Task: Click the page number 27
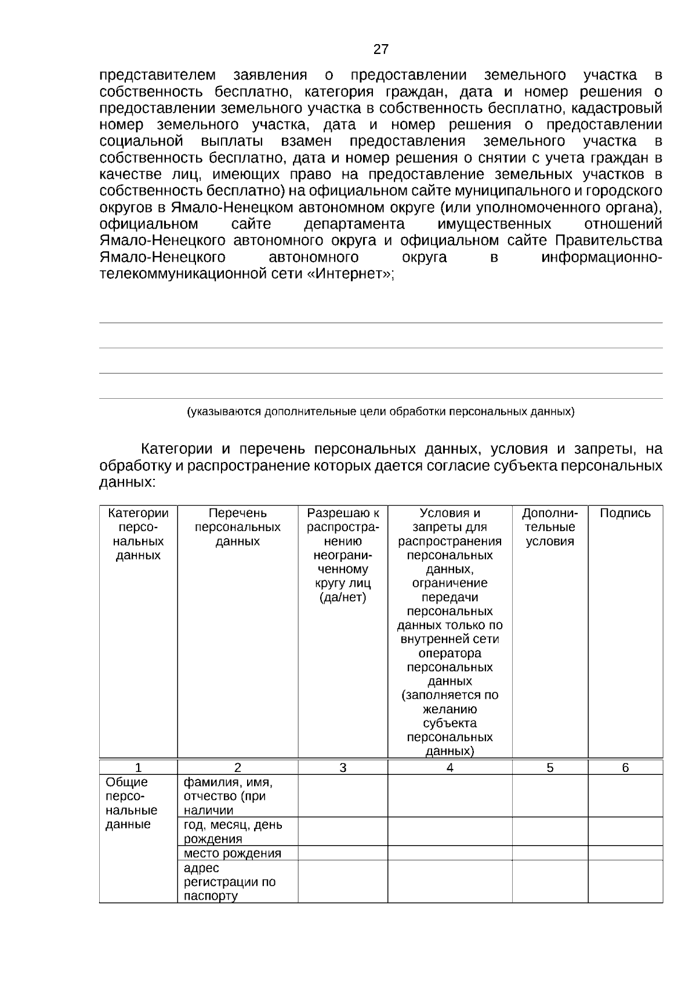point(380,49)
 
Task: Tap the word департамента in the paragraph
point(354,224)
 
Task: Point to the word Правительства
point(608,240)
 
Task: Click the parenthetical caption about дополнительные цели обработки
point(380,412)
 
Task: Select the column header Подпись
point(625,513)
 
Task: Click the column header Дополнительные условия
point(550,527)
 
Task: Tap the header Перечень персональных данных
point(238,527)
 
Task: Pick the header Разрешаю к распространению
point(343,555)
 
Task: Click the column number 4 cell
point(450,768)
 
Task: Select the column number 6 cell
point(625,768)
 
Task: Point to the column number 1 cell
point(138,768)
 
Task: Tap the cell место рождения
point(232,853)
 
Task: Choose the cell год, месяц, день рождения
point(233,832)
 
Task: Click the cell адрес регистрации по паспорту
point(230,882)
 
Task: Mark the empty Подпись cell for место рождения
point(625,853)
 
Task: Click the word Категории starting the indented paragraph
point(177,449)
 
